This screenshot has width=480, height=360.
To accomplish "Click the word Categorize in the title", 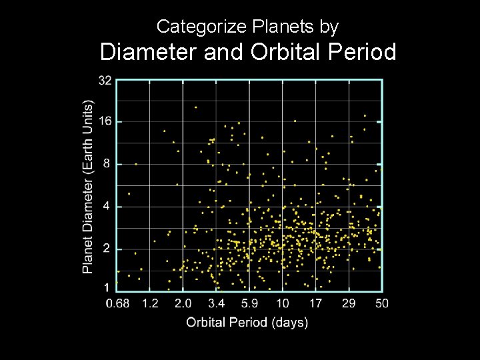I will [193, 27].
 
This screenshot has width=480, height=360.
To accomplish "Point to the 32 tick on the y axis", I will [105, 81].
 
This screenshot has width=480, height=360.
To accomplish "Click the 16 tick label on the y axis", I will [105, 122].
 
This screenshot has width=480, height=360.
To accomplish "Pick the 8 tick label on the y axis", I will [107, 164].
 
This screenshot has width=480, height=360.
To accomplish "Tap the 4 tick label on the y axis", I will [107, 207].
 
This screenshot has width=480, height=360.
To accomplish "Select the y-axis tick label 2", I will [107, 249].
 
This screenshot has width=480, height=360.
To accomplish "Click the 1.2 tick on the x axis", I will [150, 304].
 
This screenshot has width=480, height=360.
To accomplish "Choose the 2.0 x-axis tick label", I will [183, 304].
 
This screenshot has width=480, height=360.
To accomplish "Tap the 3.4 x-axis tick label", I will [216, 304].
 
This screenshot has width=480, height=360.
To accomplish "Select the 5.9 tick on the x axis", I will [249, 304].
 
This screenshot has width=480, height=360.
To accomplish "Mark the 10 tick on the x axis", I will [282, 304].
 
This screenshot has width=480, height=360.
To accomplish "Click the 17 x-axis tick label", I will [315, 304].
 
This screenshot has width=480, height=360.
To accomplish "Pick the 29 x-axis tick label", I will [349, 304].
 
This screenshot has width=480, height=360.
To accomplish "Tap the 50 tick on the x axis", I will [381, 304].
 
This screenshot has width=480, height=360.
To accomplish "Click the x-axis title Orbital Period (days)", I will [247, 323].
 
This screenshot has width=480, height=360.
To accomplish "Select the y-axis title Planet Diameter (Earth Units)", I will [88, 187].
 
